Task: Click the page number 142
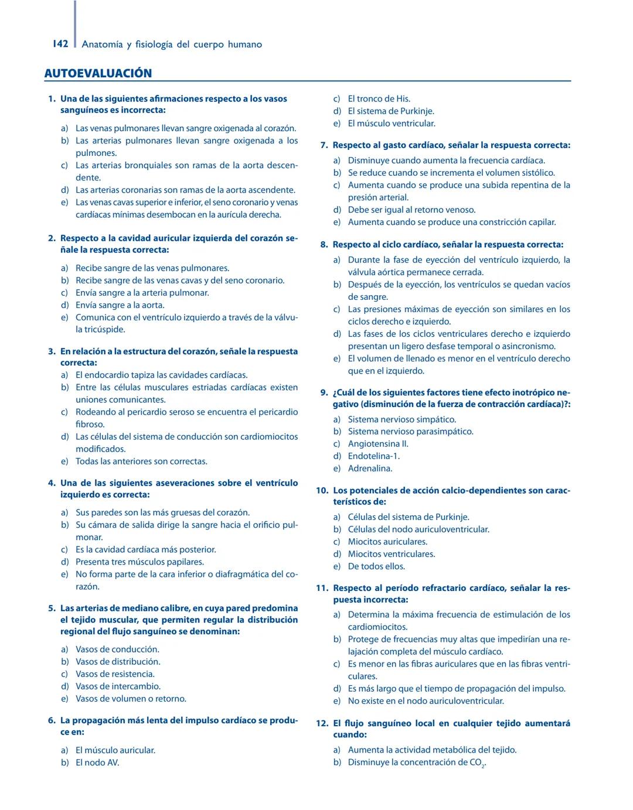click(60, 44)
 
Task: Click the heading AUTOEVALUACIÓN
click(98, 73)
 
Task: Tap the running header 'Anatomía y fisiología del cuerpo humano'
click(172, 45)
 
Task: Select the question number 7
click(324, 145)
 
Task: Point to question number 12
click(322, 723)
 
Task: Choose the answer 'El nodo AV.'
click(97, 763)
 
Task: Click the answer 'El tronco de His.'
click(379, 99)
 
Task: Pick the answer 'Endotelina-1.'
click(373, 456)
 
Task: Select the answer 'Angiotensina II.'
click(378, 444)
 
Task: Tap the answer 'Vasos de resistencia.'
click(115, 674)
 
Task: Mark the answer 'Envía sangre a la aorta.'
click(120, 305)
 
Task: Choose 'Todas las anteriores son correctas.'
click(141, 462)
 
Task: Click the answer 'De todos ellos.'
click(376, 566)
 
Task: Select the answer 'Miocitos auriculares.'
click(387, 542)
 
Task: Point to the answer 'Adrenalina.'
click(370, 469)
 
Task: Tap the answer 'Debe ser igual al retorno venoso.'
click(411, 210)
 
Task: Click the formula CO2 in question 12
click(477, 763)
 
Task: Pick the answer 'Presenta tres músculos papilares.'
click(139, 562)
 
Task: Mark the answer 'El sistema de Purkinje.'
click(391, 111)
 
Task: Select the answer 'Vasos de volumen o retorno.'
click(131, 699)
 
